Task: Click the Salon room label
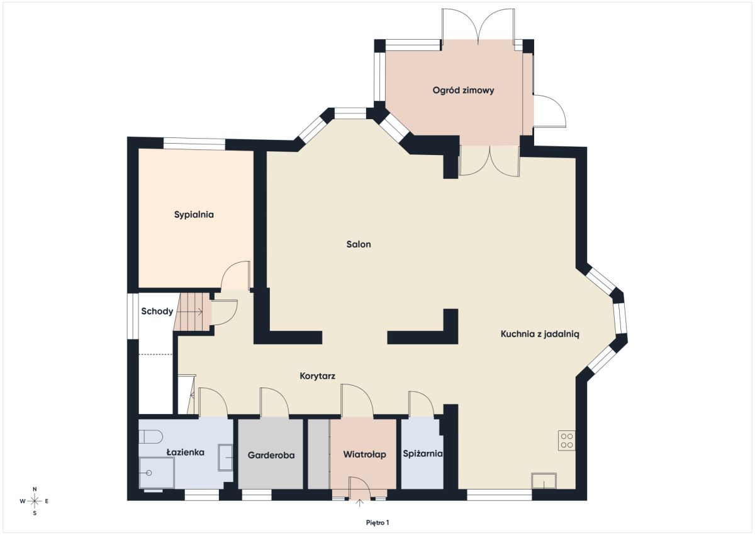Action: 359,244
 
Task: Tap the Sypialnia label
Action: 194,215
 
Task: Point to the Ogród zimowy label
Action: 464,91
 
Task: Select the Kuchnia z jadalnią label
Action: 540,334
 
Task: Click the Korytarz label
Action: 318,376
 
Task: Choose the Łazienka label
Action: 186,452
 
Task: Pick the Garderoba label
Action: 271,456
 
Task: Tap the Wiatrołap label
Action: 365,455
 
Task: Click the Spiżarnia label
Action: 423,454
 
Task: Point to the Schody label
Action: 157,311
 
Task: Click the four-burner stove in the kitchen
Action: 567,440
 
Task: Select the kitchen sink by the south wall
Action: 544,481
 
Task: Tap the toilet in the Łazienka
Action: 150,437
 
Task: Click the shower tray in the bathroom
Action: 157,473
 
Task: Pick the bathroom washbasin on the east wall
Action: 225,457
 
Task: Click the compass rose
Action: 35,501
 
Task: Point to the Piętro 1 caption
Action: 377,523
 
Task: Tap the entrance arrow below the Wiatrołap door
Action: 360,503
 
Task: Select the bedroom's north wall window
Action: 194,144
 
